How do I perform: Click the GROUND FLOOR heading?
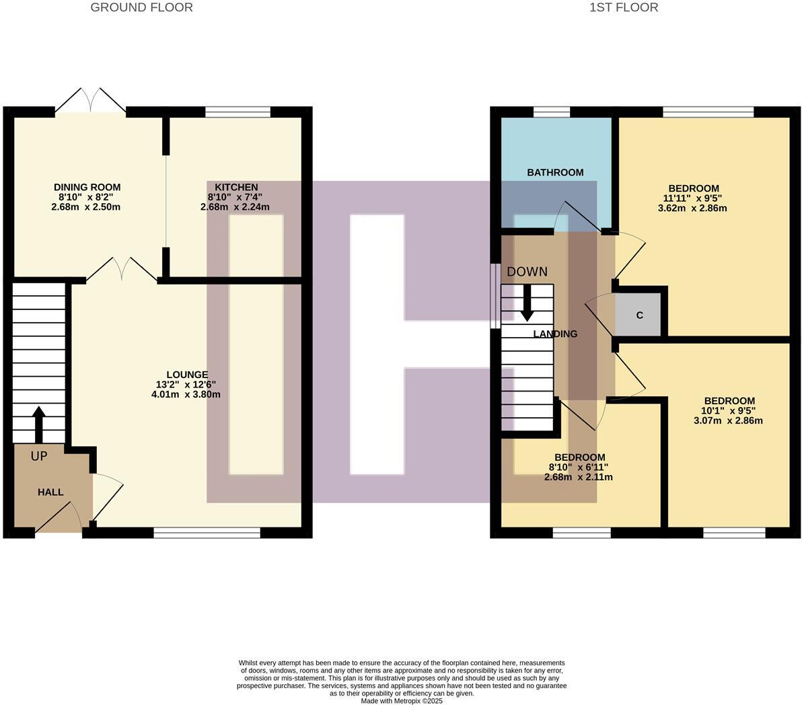click(x=141, y=8)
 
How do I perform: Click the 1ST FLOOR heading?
click(x=623, y=8)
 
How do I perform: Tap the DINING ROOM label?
click(x=87, y=187)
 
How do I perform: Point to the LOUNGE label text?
click(x=187, y=375)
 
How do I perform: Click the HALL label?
click(x=50, y=492)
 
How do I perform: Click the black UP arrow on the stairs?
click(x=38, y=422)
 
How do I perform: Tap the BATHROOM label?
click(x=555, y=172)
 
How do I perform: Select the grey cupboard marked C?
click(x=639, y=315)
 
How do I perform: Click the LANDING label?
click(x=555, y=334)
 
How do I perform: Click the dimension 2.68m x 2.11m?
click(x=579, y=478)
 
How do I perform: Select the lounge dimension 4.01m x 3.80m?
click(x=186, y=394)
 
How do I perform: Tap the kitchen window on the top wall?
click(x=238, y=112)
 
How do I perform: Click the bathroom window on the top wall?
click(x=552, y=112)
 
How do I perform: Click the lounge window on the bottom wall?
click(x=207, y=533)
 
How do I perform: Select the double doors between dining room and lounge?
click(x=122, y=269)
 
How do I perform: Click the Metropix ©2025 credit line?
click(x=402, y=701)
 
